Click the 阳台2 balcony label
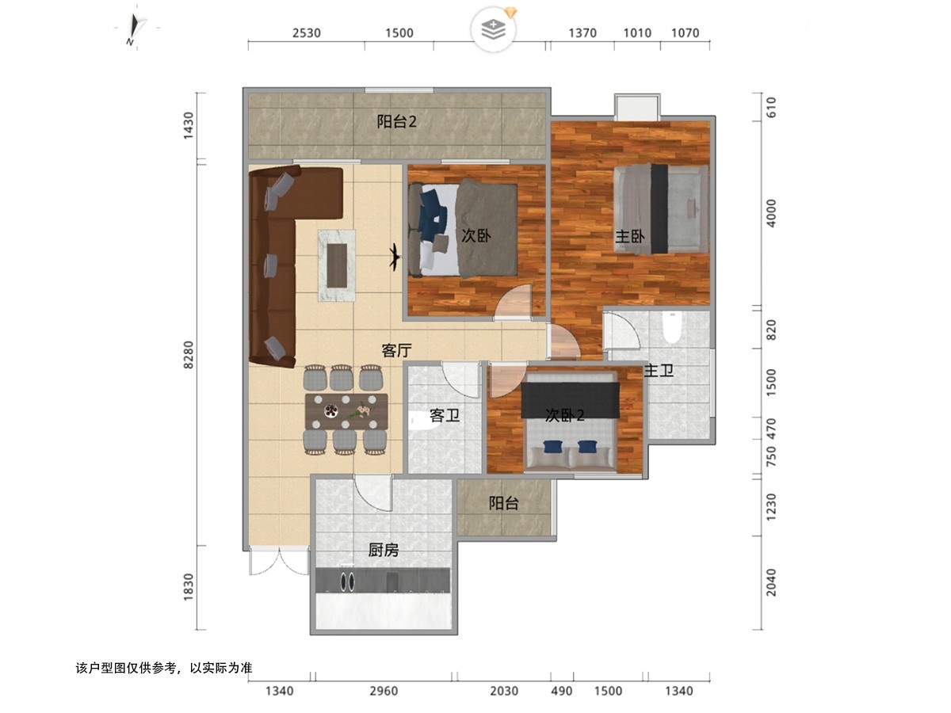[x=396, y=121]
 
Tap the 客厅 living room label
[x=396, y=350]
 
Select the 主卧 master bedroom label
[x=629, y=236]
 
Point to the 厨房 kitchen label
[x=383, y=550]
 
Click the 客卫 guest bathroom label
[x=444, y=415]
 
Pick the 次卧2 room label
[x=564, y=415]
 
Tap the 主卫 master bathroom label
[x=658, y=370]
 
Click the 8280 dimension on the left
[x=189, y=355]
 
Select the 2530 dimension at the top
[x=307, y=33]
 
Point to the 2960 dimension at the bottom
[x=384, y=691]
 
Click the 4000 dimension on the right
[x=771, y=213]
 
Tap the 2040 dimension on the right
[x=771, y=582]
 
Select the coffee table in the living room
[x=337, y=265]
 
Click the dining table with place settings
[x=346, y=411]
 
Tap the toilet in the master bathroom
[x=672, y=327]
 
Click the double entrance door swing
[x=280, y=562]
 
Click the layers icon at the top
[x=494, y=29]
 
